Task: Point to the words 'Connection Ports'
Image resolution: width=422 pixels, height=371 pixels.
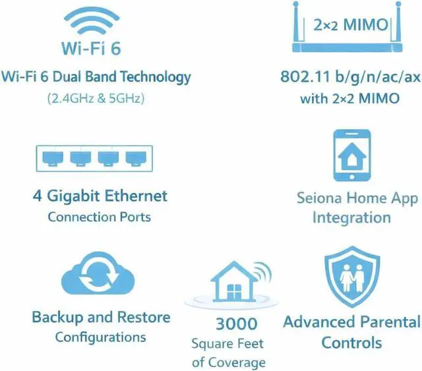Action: [99, 216]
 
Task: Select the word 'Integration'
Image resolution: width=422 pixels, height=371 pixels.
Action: [351, 217]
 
